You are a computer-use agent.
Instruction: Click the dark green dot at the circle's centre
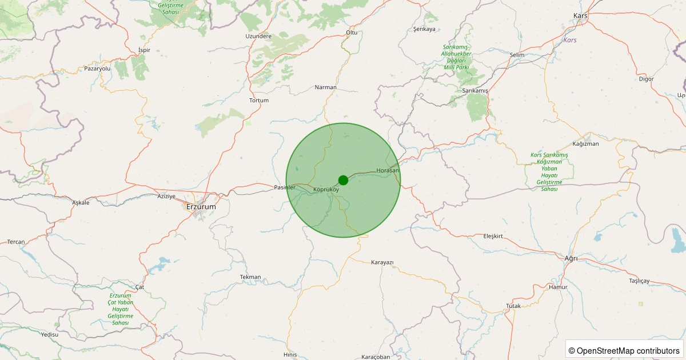[x=343, y=180]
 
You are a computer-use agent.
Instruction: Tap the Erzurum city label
[x=201, y=207]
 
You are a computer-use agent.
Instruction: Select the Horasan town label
[x=388, y=171]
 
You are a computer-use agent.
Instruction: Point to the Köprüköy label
[x=326, y=190]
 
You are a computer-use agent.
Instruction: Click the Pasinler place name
[x=285, y=187]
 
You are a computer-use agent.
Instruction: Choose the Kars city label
[x=580, y=16]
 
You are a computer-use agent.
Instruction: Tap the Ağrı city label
[x=571, y=259]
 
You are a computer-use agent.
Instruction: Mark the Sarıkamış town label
[x=475, y=91]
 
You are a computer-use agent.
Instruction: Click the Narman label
[x=326, y=87]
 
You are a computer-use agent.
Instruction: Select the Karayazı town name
[x=382, y=262]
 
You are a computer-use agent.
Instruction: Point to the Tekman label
[x=250, y=277]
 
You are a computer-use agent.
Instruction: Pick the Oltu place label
[x=352, y=33]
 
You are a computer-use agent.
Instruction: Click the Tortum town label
[x=259, y=101]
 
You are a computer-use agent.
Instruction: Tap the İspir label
[x=144, y=50]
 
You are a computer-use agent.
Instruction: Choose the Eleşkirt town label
[x=496, y=236]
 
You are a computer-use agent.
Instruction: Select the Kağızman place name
[x=585, y=144]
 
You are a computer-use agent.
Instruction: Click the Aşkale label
[x=81, y=203]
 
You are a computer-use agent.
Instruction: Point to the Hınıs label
[x=290, y=355]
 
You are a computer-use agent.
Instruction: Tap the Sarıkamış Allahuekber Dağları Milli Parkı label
[x=456, y=57]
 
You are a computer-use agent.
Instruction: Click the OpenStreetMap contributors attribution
[x=624, y=350]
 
